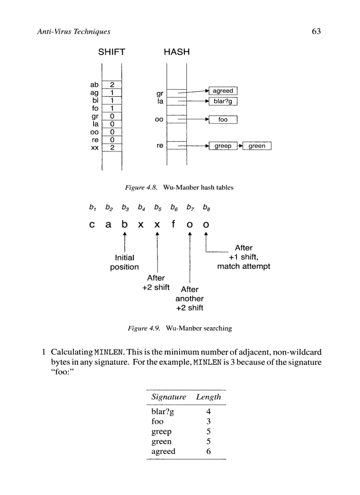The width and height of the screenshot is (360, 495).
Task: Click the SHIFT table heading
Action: (x=111, y=52)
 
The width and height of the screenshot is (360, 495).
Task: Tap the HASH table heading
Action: (x=176, y=52)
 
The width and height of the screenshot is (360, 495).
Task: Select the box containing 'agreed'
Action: (x=223, y=91)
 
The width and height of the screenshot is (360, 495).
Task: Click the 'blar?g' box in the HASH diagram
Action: (x=223, y=102)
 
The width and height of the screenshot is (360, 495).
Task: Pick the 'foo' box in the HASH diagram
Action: (x=223, y=119)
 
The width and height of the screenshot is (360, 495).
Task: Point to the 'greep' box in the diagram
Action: (x=223, y=146)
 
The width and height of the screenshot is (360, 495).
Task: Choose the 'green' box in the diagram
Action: (x=257, y=146)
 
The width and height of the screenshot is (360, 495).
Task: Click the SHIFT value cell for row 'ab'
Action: (x=112, y=85)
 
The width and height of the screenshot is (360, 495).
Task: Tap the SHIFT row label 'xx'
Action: (x=94, y=148)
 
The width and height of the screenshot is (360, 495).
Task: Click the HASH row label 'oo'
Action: (x=159, y=119)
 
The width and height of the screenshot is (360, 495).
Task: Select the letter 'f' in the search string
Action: (x=173, y=224)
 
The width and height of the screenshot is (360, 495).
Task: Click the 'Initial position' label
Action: (x=124, y=262)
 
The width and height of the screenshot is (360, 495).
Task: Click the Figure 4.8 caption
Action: (x=179, y=188)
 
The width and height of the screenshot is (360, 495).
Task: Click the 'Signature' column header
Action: (x=169, y=397)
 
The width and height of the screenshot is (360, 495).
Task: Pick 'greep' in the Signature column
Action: (x=161, y=432)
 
